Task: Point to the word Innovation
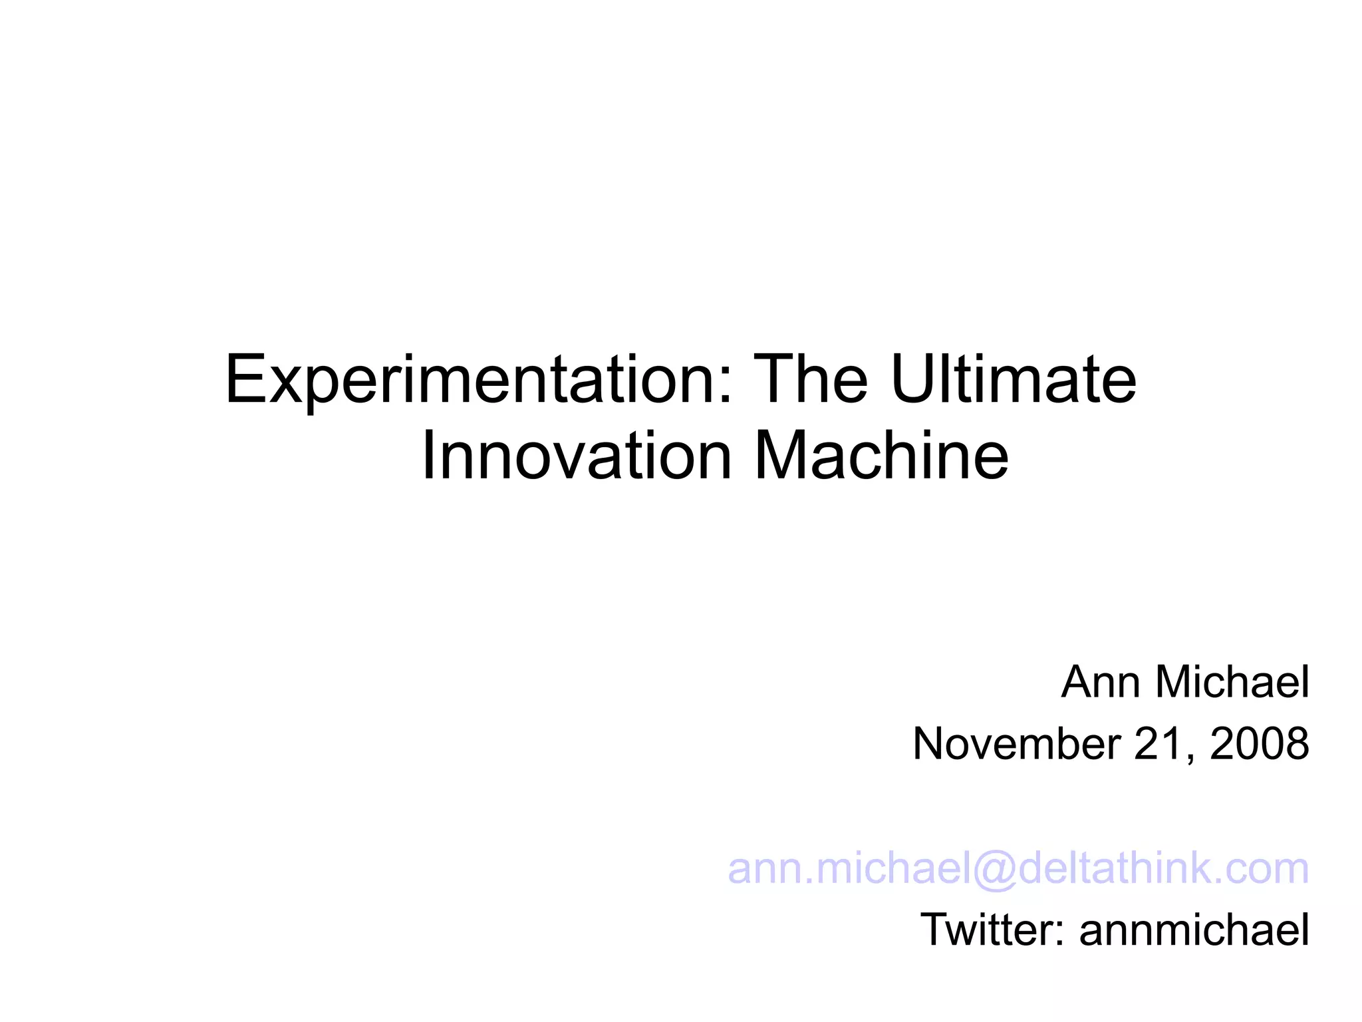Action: point(577,456)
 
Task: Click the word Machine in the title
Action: point(881,456)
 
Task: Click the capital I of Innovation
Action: point(429,456)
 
